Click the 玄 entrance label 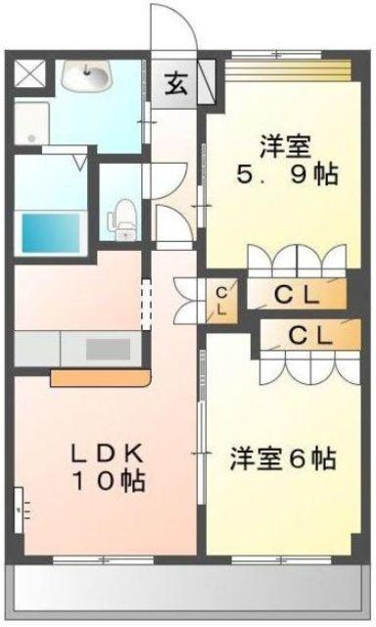pyautogui.click(x=176, y=84)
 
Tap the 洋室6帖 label pyautogui.click(x=283, y=458)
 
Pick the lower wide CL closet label pyautogui.click(x=308, y=334)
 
